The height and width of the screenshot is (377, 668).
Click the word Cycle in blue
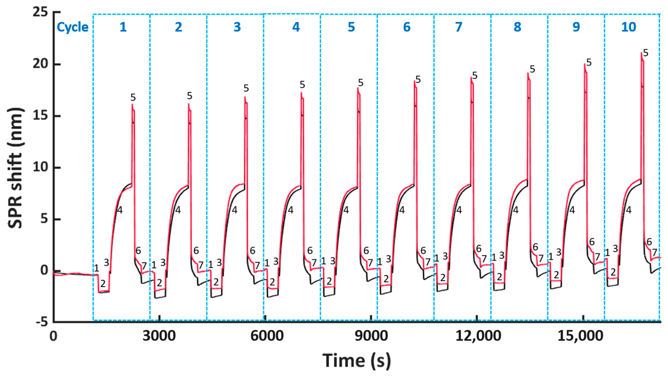pos(73,27)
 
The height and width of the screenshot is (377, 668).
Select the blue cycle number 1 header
pos(123,27)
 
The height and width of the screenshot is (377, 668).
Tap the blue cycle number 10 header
pos(629,27)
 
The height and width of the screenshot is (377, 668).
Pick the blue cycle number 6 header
pos(407,27)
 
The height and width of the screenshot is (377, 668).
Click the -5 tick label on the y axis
pos(40,322)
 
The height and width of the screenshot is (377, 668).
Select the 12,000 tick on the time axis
pos(478,336)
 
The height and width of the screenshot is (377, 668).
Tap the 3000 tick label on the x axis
pos(159,336)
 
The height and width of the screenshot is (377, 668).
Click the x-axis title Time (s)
pos(357,361)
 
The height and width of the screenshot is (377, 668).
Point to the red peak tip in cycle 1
pos(132,104)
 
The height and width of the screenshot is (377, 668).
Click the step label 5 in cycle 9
pos(589,63)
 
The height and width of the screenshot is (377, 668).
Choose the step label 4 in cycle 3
pos(235,210)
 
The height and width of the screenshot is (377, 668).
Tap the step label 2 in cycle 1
pos(103,284)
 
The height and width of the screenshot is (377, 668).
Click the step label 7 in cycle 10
pos(655,252)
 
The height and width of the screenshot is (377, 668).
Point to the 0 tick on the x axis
pos(53,336)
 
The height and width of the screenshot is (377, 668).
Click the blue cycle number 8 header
pos(517,27)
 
